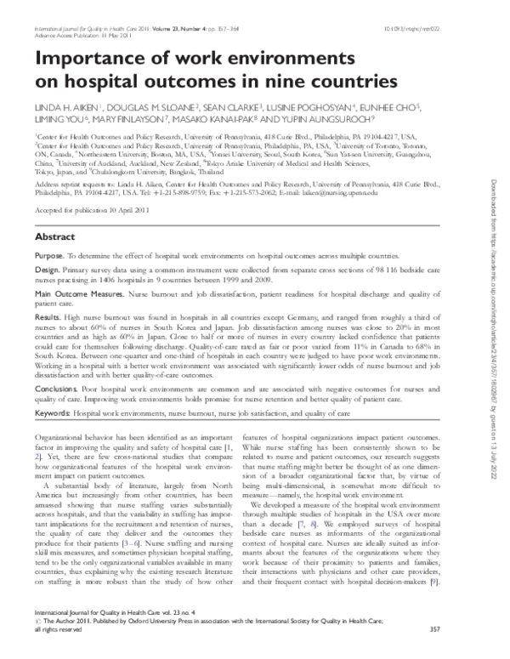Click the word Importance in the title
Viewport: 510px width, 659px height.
(90, 58)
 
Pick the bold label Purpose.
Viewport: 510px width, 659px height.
(49, 255)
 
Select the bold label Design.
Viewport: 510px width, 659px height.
(48, 270)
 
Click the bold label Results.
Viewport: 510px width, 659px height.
(48, 316)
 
